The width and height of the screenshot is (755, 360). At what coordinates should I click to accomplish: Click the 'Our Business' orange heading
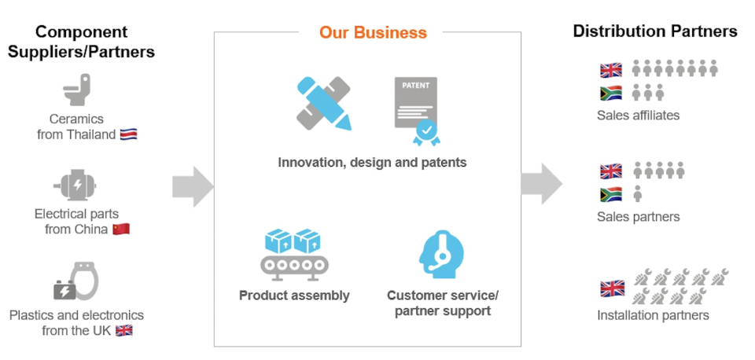coord(373,33)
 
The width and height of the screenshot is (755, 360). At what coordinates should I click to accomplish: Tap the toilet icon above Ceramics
coord(78,90)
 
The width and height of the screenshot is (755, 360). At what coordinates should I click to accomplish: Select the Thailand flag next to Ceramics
coord(128,134)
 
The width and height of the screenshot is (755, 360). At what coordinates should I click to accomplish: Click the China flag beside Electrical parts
coord(120,229)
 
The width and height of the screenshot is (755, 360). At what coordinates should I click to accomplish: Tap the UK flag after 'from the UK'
coord(124,330)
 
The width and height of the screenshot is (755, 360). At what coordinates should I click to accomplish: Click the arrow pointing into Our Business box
coord(193,186)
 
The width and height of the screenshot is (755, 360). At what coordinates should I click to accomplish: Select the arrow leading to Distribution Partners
coord(541,184)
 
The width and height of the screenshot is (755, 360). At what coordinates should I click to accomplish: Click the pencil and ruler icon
coord(323,103)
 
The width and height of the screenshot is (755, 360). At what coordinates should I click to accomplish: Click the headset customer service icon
coord(441,253)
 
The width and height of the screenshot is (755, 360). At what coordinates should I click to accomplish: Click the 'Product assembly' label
coord(294,296)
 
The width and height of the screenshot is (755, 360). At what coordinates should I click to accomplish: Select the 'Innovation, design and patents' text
coord(372,163)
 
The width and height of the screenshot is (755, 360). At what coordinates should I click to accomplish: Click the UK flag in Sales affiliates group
coord(611,70)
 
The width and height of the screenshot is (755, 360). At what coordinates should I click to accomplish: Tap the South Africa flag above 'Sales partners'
coord(611,194)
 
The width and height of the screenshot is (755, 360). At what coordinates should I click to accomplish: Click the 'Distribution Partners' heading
coord(655,31)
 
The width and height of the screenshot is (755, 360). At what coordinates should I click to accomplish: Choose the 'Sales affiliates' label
coord(638,115)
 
